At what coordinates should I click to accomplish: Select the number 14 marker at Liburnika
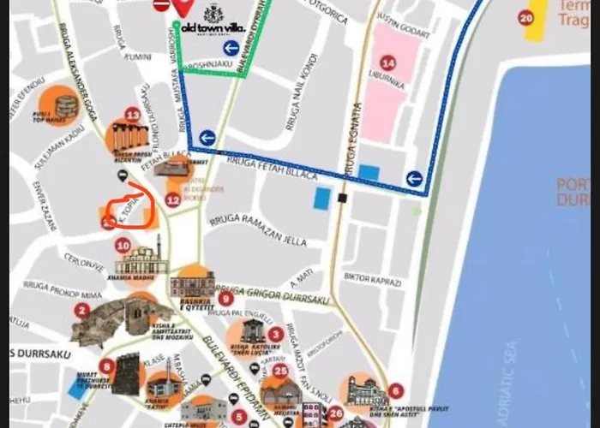(388, 62)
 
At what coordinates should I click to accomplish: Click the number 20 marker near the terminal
(525, 17)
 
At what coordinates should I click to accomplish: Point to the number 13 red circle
(132, 114)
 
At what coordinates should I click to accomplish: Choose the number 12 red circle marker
(172, 200)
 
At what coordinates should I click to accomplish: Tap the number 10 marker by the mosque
(123, 246)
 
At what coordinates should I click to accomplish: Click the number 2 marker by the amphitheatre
(82, 311)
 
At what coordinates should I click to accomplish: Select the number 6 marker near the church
(395, 390)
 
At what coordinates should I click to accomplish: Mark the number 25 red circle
(280, 370)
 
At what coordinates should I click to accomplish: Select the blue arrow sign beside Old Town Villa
(231, 48)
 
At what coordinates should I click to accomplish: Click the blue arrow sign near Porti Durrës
(414, 178)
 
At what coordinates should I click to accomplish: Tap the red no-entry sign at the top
(161, 5)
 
